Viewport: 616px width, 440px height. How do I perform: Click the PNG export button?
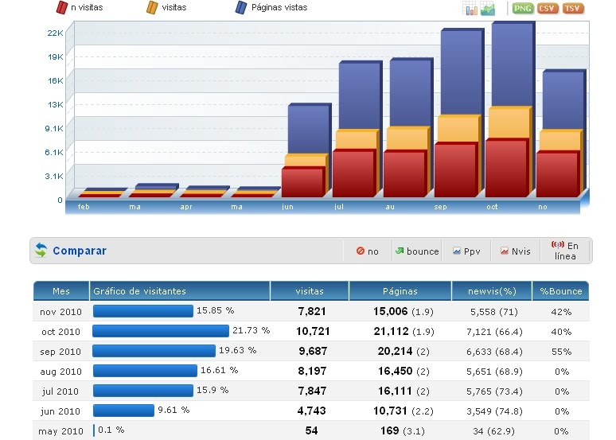523,8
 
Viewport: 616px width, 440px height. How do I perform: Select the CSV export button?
548,8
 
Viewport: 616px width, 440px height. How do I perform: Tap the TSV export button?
572,8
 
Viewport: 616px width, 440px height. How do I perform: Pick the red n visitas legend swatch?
61,8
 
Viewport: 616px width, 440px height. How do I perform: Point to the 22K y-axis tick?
55,33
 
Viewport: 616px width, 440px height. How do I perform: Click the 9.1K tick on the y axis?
54,128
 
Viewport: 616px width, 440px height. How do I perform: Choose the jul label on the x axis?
339,206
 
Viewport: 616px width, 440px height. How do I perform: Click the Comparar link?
80,251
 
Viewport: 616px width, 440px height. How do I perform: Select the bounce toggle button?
417,251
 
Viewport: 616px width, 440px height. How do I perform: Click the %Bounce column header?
561,291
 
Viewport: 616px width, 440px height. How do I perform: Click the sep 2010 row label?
60,352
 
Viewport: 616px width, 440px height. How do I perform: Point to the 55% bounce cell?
561,351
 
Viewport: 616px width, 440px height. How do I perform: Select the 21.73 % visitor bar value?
251,330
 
